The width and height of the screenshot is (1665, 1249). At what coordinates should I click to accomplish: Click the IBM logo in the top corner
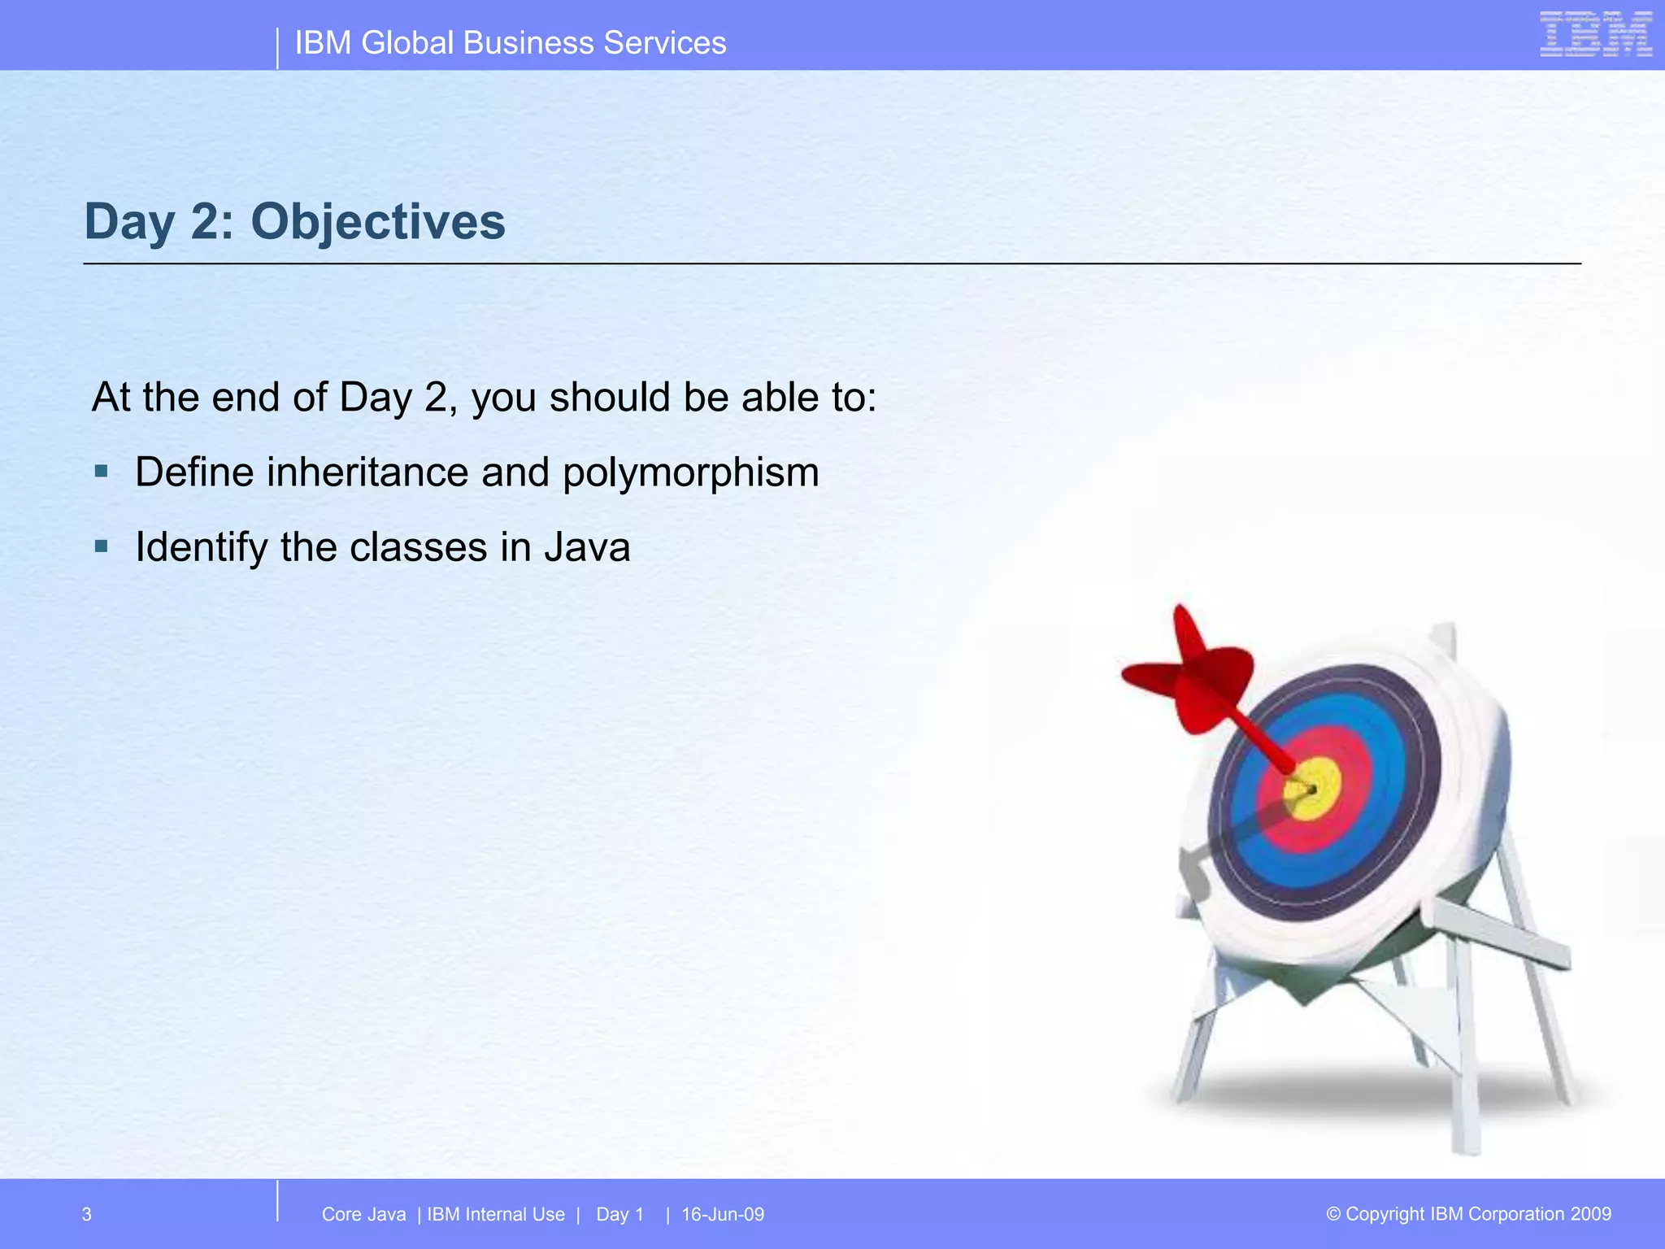[1596, 34]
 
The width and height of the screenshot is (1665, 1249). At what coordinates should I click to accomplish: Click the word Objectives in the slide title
[378, 222]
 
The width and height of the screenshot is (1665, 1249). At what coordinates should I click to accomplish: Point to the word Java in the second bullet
[588, 547]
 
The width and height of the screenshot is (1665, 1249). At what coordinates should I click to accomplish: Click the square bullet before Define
[101, 471]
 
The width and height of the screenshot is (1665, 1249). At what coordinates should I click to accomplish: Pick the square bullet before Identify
[101, 546]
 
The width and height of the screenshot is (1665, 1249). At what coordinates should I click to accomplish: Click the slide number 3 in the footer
[87, 1215]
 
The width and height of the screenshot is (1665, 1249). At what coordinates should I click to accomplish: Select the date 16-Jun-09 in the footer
[723, 1215]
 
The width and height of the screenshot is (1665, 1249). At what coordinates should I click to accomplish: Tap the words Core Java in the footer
[363, 1215]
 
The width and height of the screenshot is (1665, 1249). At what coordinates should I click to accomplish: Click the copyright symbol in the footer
[1333, 1214]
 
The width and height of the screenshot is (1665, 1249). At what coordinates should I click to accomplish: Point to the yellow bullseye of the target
[1312, 789]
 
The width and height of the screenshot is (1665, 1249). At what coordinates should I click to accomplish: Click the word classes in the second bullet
[418, 547]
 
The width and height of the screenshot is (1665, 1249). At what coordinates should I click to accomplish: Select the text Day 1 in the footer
[619, 1215]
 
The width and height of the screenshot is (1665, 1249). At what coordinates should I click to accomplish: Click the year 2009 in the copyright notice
[1591, 1214]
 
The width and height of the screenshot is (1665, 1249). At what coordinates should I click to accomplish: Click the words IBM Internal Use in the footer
[496, 1215]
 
